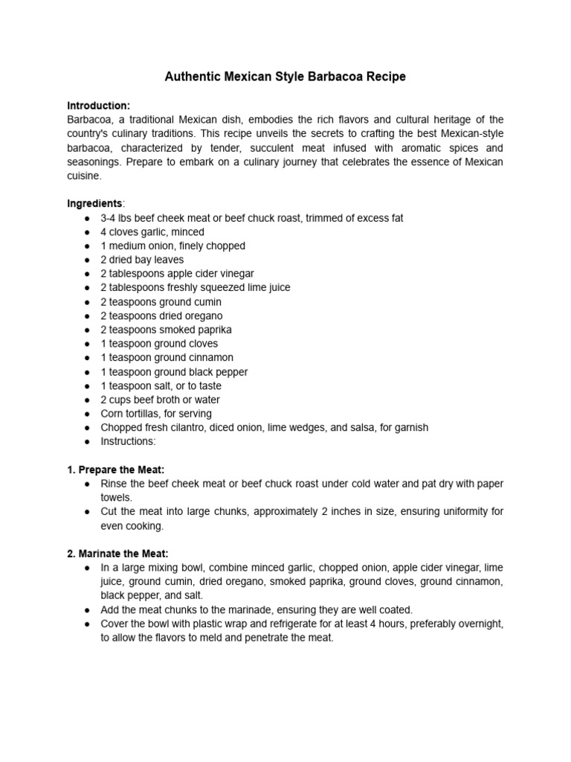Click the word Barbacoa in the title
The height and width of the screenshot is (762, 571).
334,77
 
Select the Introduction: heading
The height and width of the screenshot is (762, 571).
99,106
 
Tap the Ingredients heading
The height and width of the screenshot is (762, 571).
95,203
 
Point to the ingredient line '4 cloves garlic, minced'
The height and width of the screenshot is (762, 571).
152,232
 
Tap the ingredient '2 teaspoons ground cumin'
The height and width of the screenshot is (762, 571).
161,302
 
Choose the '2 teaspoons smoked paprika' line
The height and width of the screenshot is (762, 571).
166,330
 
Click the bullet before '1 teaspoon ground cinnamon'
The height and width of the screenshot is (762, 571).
87,358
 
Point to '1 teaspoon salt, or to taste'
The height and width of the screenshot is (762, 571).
161,385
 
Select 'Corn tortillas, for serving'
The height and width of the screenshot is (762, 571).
156,414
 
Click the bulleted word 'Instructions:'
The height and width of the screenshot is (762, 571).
129,441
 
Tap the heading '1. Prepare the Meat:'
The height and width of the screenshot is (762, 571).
115,470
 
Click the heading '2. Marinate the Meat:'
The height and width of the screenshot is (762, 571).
117,554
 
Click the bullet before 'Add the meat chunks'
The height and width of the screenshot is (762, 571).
87,610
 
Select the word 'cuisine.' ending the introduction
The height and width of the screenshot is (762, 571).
83,176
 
